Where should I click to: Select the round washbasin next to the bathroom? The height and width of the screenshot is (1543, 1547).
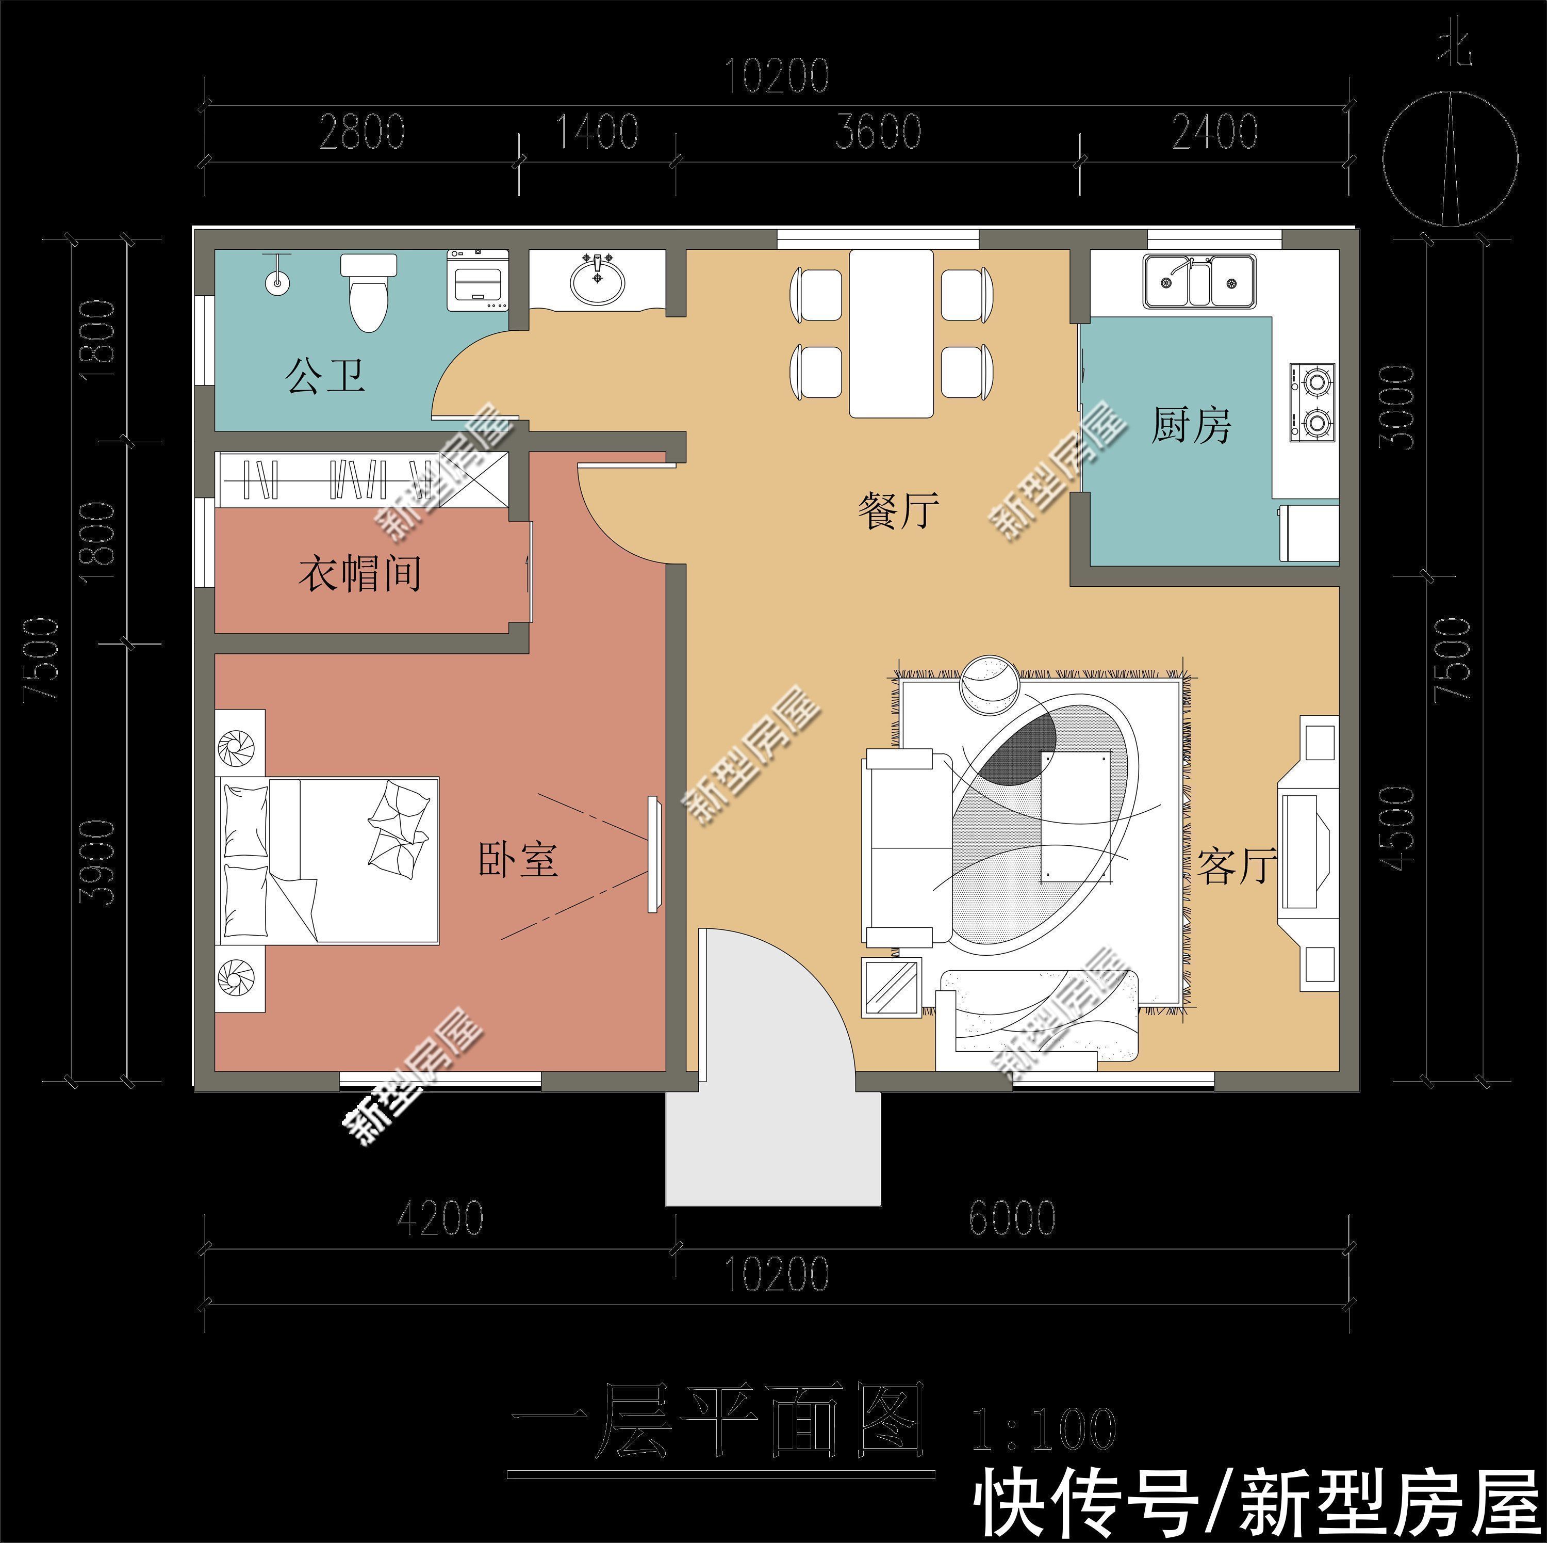[x=597, y=281]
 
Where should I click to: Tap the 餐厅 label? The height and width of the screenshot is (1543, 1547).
[x=898, y=510]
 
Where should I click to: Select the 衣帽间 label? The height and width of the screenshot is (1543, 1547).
[x=359, y=574]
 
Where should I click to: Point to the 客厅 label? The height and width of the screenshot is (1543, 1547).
[x=1236, y=866]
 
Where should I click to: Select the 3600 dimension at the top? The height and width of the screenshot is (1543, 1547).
[x=878, y=132]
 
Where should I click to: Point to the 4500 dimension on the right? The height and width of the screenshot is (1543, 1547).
[x=1400, y=828]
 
